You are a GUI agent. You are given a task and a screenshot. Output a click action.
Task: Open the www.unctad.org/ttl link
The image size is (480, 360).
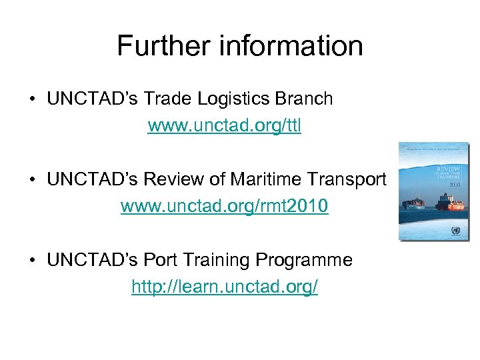[224, 126]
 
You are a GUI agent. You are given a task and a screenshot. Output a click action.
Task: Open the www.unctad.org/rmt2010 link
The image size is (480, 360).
[224, 206]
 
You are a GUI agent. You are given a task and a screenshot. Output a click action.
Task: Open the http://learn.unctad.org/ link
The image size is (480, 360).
[224, 287]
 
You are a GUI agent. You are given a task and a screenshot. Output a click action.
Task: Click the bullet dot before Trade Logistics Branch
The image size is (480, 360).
[32, 100]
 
